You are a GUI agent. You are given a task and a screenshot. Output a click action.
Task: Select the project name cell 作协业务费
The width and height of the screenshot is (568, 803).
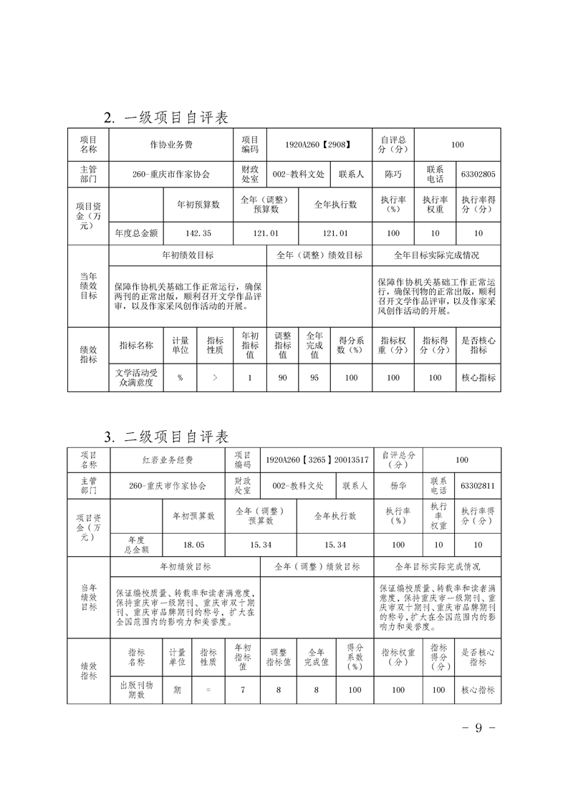(171, 145)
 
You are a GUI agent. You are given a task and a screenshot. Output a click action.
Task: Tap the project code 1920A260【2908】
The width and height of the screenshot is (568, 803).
(317, 145)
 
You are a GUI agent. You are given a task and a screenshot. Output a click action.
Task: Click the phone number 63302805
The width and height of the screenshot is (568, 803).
(478, 174)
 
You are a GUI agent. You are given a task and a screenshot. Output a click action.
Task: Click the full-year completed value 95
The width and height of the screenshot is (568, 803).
(314, 378)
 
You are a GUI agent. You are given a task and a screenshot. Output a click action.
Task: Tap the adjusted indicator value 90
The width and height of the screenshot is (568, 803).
(282, 378)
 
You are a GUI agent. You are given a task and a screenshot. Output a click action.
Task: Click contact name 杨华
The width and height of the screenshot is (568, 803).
(398, 486)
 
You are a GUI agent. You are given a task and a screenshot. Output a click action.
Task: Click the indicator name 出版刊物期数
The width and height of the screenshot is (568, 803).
(136, 690)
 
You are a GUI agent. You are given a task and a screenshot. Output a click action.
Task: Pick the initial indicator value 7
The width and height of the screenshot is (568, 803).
(243, 691)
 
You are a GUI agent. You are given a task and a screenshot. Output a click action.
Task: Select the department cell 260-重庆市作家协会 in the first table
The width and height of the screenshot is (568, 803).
(171, 174)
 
